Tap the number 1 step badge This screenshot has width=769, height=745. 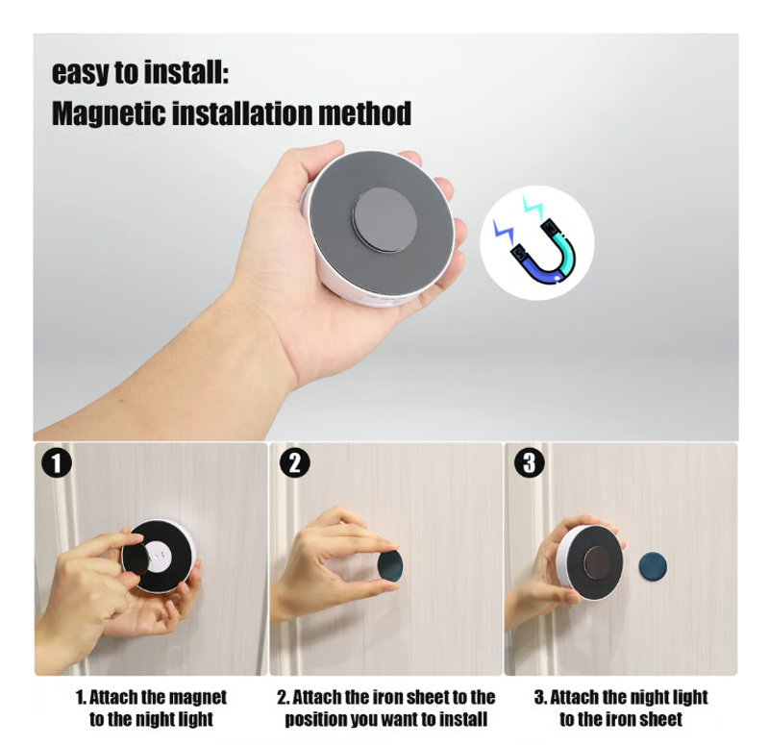[x=57, y=462]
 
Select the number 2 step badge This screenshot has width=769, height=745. [x=294, y=462]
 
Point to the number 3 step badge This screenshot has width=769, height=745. [x=530, y=462]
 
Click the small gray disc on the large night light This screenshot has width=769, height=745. [x=384, y=221]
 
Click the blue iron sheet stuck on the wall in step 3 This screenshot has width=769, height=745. [x=653, y=566]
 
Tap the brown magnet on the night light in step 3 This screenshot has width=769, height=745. [x=597, y=562]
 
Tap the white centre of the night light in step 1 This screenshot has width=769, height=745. [x=158, y=556]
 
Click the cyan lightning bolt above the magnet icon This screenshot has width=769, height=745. [x=533, y=208]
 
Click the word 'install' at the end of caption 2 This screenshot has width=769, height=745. [x=463, y=719]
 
